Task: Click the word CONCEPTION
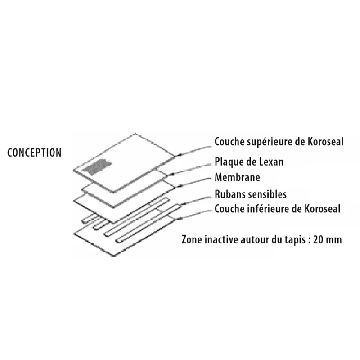35,152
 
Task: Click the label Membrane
237,177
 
